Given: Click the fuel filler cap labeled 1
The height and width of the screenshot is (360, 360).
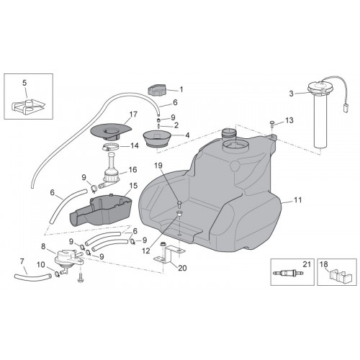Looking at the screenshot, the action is point(156,89).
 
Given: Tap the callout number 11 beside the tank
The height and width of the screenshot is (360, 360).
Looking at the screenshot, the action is point(297,200).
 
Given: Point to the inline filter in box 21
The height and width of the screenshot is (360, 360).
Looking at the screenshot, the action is point(288,273).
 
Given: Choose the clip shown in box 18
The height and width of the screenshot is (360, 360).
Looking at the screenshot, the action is point(339,276).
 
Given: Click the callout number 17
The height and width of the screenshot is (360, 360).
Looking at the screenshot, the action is point(133,114).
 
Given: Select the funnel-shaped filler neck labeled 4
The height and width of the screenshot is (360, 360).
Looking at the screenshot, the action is point(157,138).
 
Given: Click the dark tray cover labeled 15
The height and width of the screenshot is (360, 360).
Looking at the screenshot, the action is point(101,209).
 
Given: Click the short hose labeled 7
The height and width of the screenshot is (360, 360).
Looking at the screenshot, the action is point(32,277).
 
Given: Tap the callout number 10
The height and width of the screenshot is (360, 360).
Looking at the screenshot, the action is point(41,265).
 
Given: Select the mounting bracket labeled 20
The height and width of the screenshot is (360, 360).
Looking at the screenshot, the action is point(168,253).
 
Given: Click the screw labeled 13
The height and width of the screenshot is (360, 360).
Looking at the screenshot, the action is point(272,123).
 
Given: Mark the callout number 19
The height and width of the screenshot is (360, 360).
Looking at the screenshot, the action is point(158,166).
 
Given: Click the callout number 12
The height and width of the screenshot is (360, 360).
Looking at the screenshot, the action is point(146,251).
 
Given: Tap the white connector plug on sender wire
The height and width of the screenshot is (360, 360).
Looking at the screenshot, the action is point(345,108).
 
